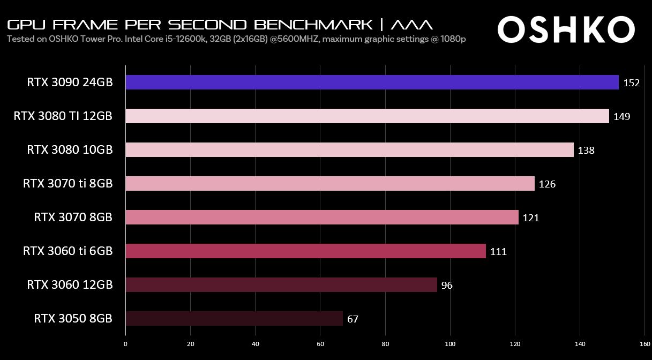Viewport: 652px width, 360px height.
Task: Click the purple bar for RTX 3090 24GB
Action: pos(372,82)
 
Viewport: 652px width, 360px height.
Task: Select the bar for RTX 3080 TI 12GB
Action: pos(367,116)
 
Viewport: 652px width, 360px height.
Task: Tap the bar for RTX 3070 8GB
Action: pos(321,217)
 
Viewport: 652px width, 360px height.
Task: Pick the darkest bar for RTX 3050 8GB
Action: pos(234,319)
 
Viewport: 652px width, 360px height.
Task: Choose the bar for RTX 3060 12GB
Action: pos(281,285)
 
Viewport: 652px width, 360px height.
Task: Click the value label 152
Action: pos(631,83)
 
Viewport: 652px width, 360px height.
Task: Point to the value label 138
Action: pos(586,151)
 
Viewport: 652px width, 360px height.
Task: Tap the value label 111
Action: pos(498,252)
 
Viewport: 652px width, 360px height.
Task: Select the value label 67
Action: pos(353,319)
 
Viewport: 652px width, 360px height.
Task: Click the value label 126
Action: pos(547,184)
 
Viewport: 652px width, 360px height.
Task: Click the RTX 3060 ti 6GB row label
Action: pos(68,251)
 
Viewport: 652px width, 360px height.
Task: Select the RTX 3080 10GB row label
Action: pos(70,149)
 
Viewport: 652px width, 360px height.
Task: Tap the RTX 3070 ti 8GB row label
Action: pos(68,184)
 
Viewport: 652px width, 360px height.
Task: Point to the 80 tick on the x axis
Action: pos(385,344)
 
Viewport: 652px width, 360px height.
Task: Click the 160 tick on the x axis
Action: pos(644,344)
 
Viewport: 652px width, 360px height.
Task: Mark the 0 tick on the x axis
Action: pos(125,344)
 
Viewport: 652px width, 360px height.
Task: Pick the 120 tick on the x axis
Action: pos(515,344)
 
